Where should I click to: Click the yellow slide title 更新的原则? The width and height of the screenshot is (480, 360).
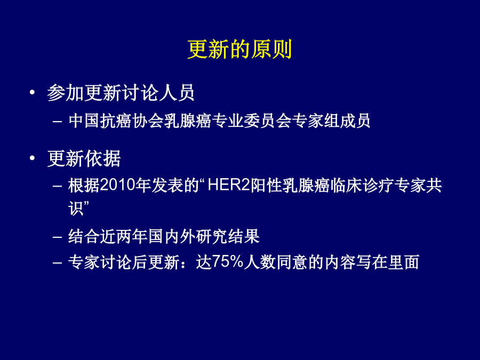(x=239, y=49)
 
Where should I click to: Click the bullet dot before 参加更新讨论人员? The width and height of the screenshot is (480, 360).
(x=32, y=92)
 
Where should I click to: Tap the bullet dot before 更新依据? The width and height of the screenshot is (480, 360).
(x=32, y=158)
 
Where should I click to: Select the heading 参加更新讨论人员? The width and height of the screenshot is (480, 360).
(x=121, y=92)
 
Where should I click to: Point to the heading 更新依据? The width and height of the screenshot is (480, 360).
(x=84, y=158)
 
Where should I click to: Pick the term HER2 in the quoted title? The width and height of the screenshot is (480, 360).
(x=229, y=185)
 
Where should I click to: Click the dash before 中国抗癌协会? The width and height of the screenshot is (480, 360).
(x=57, y=122)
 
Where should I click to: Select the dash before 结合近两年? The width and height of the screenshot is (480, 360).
(x=57, y=237)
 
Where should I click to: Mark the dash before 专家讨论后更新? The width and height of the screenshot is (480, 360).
(x=57, y=262)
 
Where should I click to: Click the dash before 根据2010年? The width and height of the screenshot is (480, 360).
(x=57, y=186)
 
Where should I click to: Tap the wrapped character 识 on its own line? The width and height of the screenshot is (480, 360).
(x=76, y=209)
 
